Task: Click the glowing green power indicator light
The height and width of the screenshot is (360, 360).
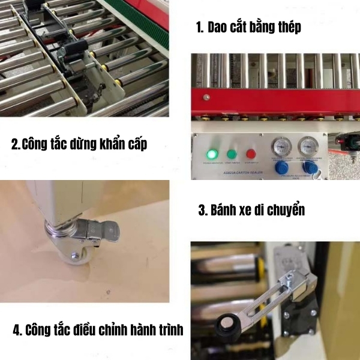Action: point(211,150)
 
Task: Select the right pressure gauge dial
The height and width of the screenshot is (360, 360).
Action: point(308,148)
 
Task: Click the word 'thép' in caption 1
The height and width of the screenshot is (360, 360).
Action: point(288,27)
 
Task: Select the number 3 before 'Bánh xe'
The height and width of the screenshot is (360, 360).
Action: point(202,211)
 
